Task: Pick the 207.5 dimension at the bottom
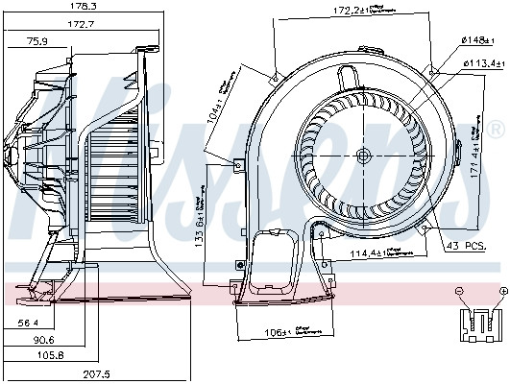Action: tap(96, 374)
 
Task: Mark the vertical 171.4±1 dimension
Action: tap(476, 150)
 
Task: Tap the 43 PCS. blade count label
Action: tap(467, 246)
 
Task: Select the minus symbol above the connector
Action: tap(460, 290)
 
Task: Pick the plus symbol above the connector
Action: tap(502, 290)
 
